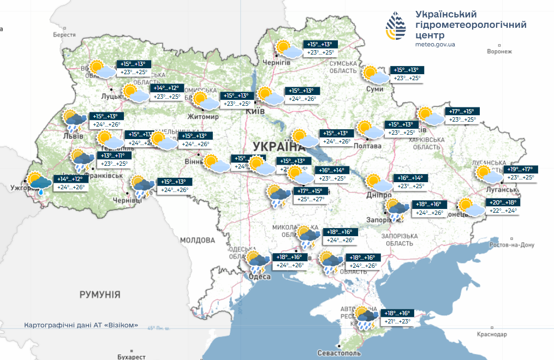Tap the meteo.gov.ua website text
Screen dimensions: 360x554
pos(435,44)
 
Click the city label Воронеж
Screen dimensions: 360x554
pos(499,51)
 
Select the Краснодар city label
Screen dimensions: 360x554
pos(491,334)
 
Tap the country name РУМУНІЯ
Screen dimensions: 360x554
pos(100,295)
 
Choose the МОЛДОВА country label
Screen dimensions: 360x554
pos(198,240)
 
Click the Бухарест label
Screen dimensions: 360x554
pos(131,356)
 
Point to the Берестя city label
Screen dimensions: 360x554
pos(64,34)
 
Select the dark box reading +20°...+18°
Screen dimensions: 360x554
pos(501,202)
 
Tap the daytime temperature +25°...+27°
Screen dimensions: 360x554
pos(311,199)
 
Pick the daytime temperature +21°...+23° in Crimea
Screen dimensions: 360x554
pos(397,321)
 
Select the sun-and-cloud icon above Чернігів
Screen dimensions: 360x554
pos(288,49)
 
